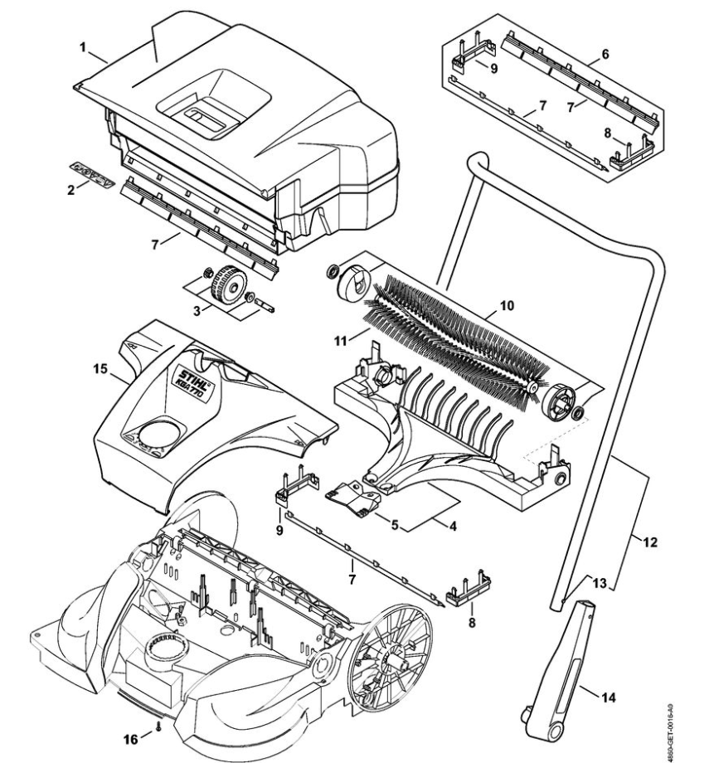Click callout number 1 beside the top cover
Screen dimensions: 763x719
coord(83,47)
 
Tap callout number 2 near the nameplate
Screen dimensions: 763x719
coord(72,190)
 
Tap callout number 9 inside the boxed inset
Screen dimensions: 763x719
coord(493,69)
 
